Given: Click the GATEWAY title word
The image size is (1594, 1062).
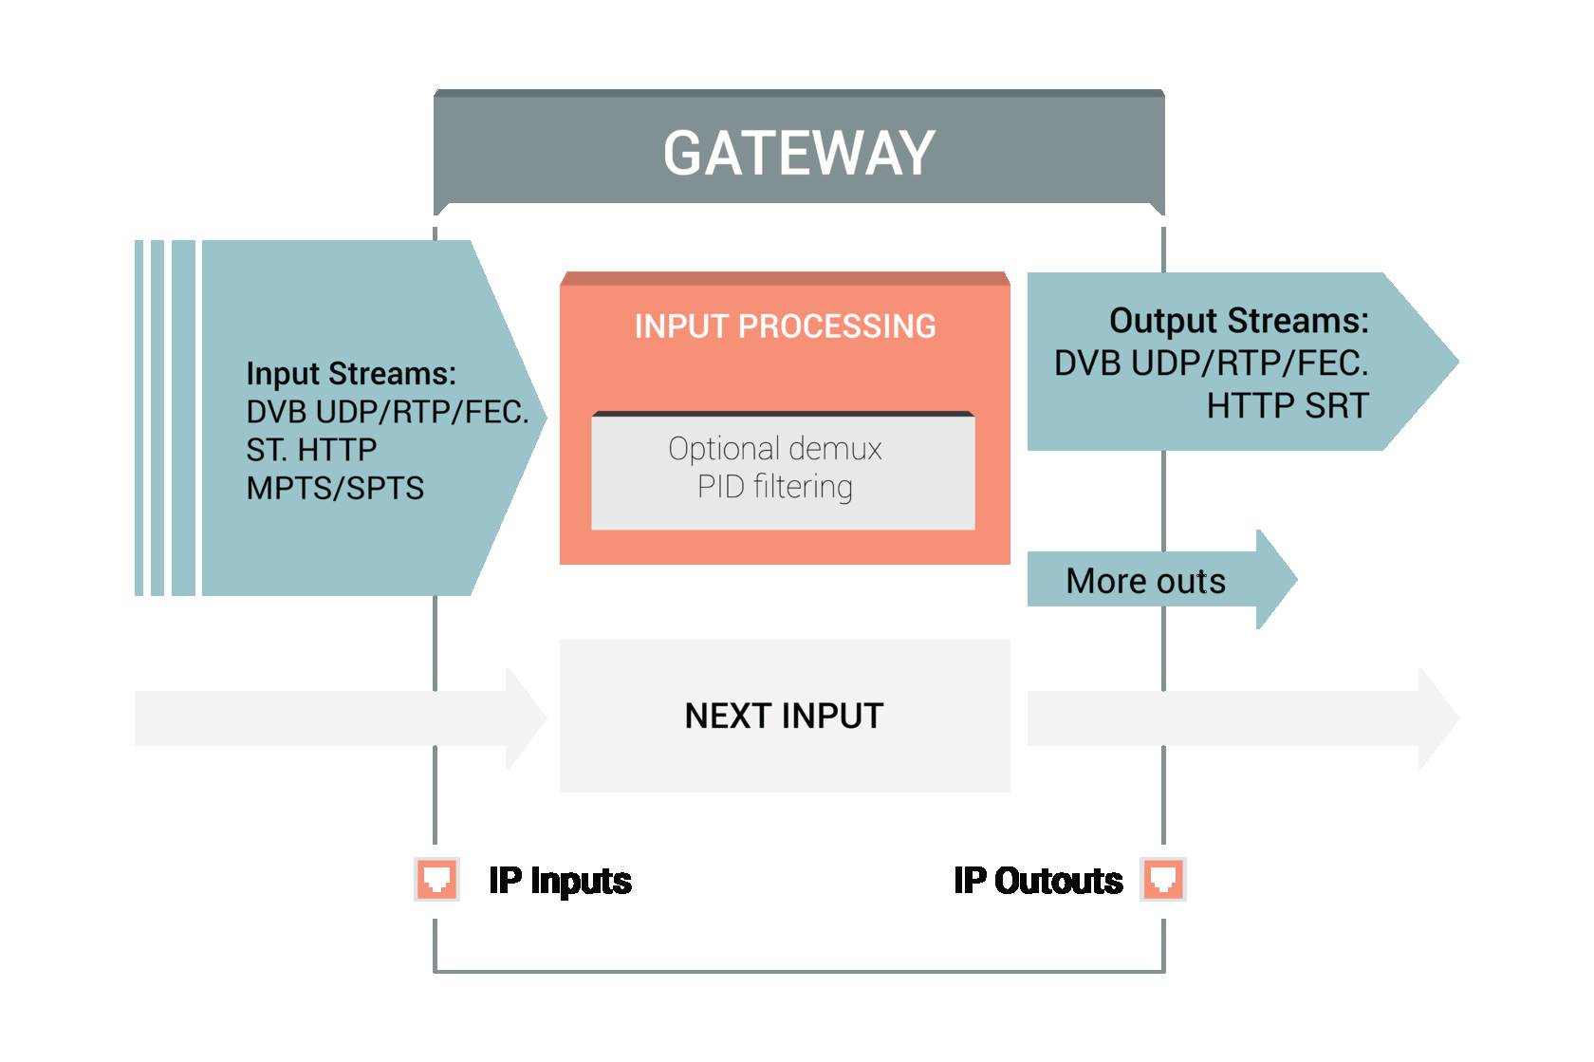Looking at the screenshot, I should point(799,154).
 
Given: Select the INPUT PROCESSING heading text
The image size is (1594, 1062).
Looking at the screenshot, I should point(785,326).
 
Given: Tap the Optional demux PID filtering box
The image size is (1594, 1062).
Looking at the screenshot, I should point(783,470).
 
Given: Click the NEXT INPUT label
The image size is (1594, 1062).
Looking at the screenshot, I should point(784,716).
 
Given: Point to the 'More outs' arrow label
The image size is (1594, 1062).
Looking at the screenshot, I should point(1145,581).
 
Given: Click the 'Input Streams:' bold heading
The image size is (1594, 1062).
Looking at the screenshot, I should point(350,374).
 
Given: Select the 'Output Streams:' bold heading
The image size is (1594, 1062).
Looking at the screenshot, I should point(1238,321).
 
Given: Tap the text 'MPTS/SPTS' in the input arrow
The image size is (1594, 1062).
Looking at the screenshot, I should point(335,488).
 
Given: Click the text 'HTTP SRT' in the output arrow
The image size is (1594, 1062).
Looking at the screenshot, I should point(1287,406).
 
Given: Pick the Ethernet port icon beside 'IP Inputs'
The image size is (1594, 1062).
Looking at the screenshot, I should point(437,880).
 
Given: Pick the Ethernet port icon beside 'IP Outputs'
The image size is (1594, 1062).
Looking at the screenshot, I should point(1163,880).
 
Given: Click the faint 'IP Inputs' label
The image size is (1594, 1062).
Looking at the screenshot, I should point(560,882).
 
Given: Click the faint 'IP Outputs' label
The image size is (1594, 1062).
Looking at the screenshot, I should point(1038,882).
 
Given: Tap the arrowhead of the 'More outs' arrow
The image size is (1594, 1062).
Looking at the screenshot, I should point(1276,579).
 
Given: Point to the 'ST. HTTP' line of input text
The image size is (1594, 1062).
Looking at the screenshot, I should point(311,450).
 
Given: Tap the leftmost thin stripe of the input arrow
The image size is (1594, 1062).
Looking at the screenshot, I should point(139,418).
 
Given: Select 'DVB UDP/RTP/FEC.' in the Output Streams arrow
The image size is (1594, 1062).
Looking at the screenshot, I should point(1211,363).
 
